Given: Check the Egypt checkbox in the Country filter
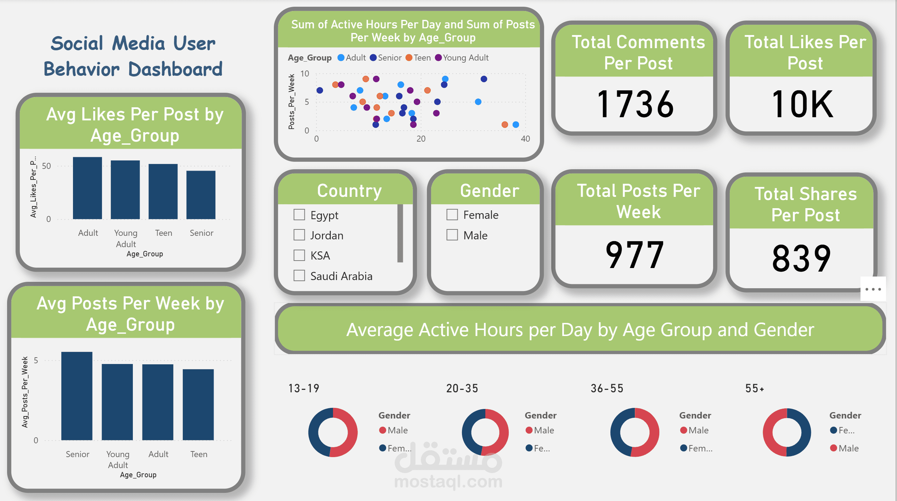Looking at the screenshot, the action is [x=299, y=215].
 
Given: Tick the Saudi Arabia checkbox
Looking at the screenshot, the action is [x=299, y=275].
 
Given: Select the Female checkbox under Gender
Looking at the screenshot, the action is [x=452, y=215].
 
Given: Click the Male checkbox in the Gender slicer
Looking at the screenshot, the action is [x=452, y=235].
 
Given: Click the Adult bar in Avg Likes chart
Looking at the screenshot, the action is [x=88, y=188].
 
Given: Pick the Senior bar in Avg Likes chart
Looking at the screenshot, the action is [x=201, y=195].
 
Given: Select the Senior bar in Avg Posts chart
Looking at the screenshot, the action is [x=77, y=396].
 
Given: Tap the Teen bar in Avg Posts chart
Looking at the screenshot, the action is [x=198, y=405].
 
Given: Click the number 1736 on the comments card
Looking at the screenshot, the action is [x=635, y=104].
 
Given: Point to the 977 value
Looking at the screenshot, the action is [x=634, y=254].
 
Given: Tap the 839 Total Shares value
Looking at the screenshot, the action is [x=802, y=258].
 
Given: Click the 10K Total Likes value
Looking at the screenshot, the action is [x=802, y=104].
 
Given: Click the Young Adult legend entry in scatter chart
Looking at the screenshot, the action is [x=462, y=58].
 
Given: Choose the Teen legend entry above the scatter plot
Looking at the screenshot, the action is [x=418, y=58].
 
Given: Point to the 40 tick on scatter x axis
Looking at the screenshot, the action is [x=525, y=139].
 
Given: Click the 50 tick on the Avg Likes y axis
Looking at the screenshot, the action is [x=46, y=166].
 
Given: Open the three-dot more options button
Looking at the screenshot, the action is [x=873, y=289].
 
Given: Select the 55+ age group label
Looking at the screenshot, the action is [x=755, y=388].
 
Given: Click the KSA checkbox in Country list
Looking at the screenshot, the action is [x=299, y=255].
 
